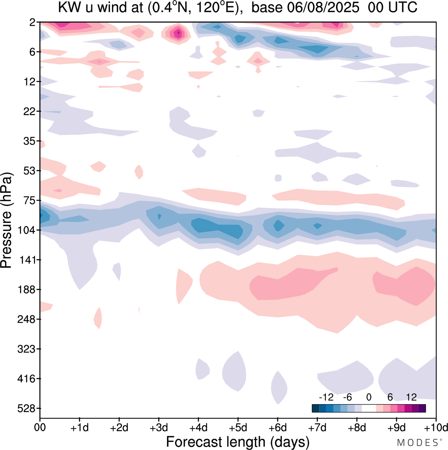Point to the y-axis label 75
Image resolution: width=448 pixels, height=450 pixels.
click(30, 201)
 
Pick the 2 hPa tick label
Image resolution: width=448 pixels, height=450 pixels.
click(33, 22)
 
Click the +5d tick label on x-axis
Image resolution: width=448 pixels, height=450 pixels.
click(238, 428)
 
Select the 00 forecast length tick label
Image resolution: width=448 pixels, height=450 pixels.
click(40, 428)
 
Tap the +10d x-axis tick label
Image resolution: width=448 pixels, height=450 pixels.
click(436, 428)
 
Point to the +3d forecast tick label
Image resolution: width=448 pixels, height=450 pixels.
click(159, 428)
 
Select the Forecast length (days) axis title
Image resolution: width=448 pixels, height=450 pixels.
click(238, 442)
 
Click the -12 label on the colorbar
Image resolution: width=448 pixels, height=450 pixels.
click(326, 397)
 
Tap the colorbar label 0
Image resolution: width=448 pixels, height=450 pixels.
click(369, 397)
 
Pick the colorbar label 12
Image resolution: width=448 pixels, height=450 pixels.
click(411, 397)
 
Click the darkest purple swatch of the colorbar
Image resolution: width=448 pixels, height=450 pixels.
click(422, 408)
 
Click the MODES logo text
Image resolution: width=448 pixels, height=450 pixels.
click(418, 443)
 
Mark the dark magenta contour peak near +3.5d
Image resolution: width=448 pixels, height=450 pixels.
click(178, 33)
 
